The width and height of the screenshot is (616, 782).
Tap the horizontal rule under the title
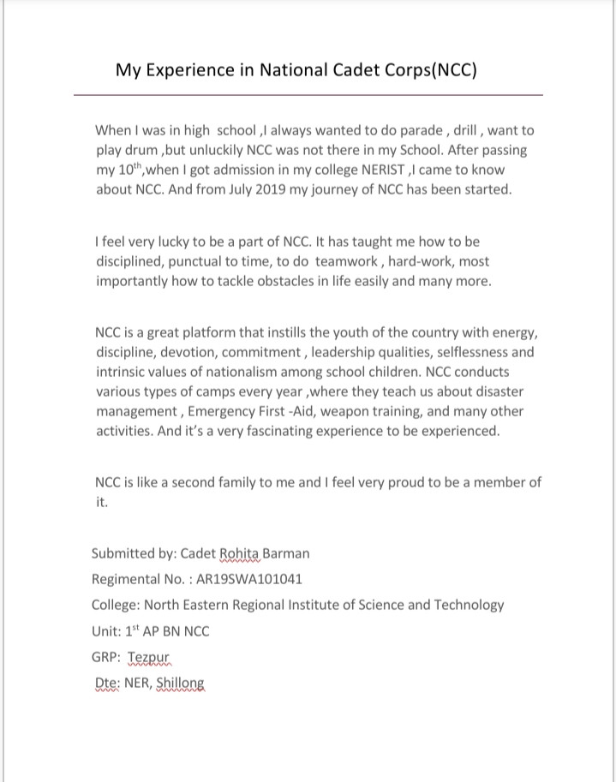[x=308, y=94]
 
